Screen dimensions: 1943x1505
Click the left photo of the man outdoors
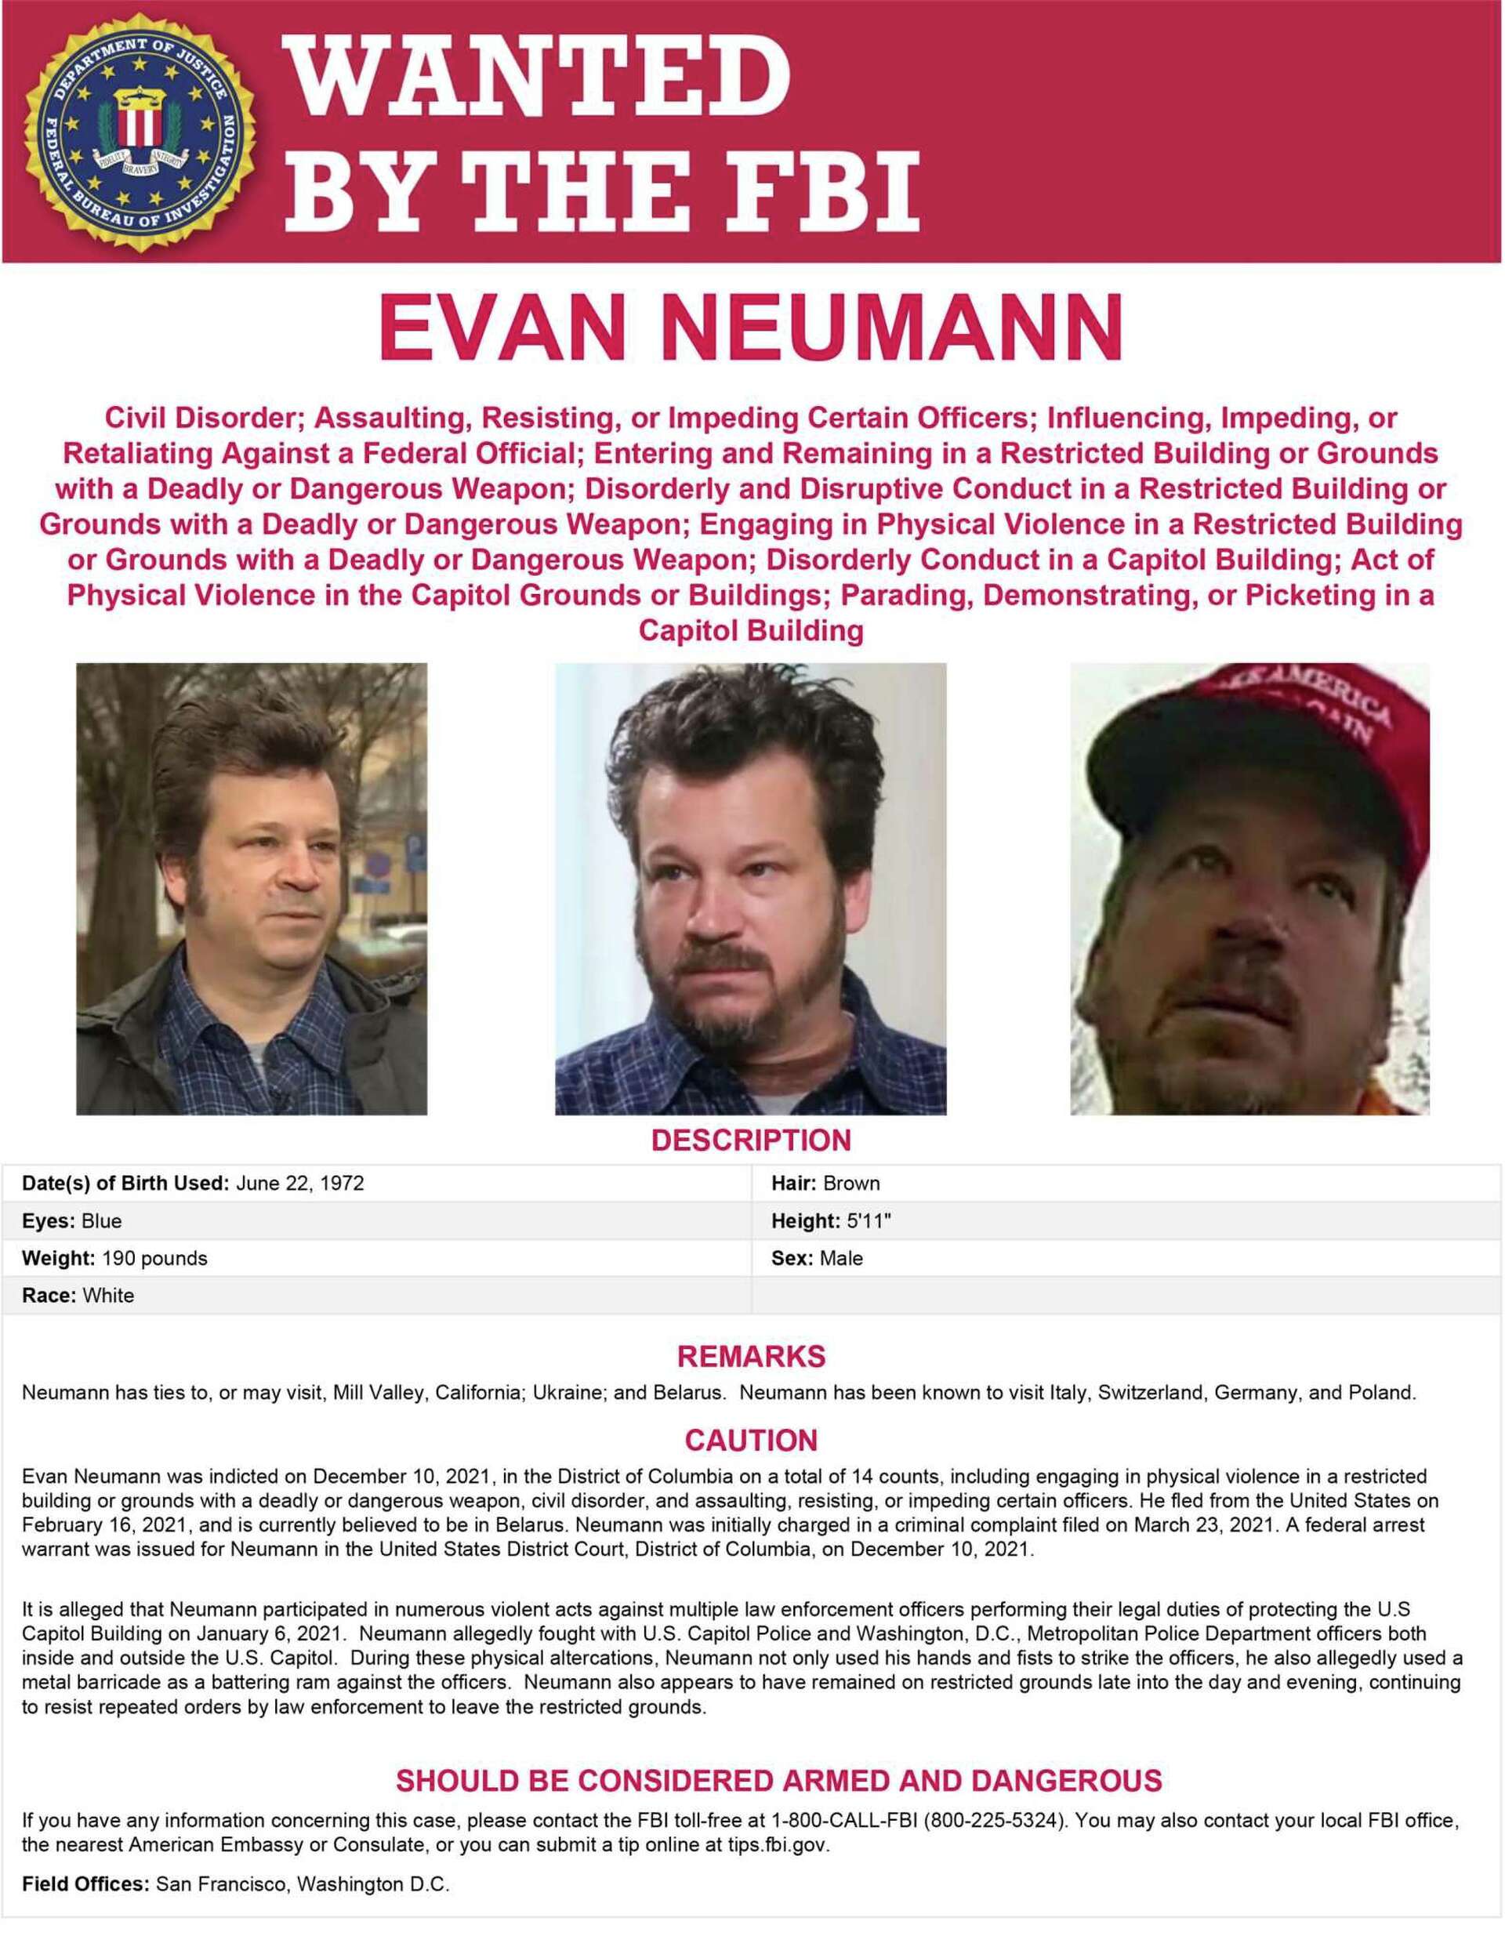coord(252,890)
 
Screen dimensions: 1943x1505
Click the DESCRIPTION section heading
coord(752,1140)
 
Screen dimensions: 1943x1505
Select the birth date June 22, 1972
coord(299,1184)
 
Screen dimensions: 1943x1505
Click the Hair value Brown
coord(851,1184)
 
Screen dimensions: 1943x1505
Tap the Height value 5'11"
coord(869,1220)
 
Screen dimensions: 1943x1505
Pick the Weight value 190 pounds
coord(154,1258)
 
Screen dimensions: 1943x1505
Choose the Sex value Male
coord(841,1258)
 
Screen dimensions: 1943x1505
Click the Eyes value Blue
coord(101,1220)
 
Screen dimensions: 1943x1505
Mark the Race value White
coord(108,1296)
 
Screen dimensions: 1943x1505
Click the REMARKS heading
coord(752,1357)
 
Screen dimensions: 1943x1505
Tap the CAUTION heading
coord(752,1441)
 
